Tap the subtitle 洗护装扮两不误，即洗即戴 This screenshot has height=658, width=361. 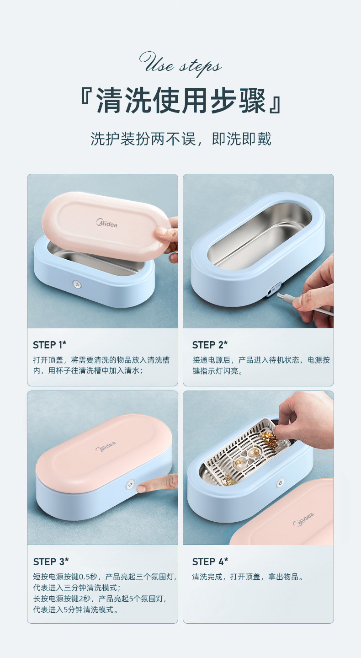tap(180, 139)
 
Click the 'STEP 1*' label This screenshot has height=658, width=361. tap(50, 345)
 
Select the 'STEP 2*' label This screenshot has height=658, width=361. tap(210, 345)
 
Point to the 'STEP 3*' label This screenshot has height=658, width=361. tap(51, 562)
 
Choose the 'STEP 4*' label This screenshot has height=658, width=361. tap(210, 562)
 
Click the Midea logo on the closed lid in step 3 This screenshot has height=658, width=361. tap(106, 446)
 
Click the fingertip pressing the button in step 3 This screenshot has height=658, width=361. tap(141, 488)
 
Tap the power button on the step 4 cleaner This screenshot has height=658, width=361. tap(280, 482)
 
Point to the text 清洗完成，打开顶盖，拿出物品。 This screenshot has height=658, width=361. tap(248, 577)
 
